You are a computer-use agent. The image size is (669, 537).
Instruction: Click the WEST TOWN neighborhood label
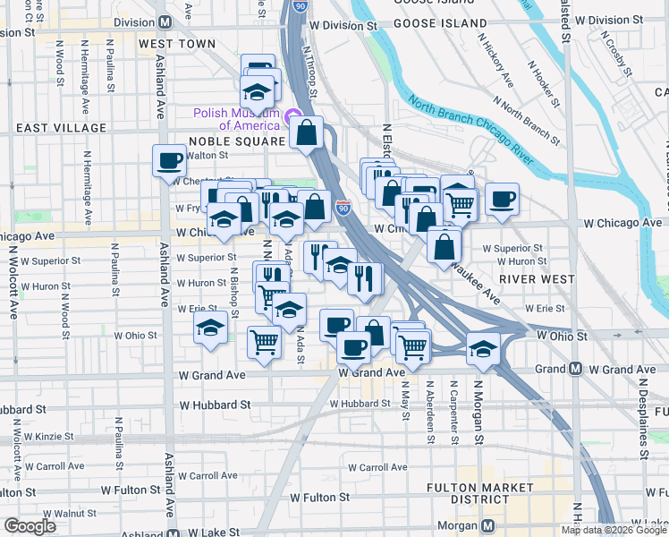[177, 43]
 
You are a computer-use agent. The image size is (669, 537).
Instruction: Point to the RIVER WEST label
[538, 278]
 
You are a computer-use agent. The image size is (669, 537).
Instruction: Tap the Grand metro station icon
[576, 369]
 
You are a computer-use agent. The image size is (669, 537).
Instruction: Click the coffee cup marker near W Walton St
[169, 161]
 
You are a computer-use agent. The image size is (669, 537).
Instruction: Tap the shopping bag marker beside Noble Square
[306, 132]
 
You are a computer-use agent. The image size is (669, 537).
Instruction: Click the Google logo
[30, 526]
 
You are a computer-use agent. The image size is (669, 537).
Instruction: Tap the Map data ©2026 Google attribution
[613, 530]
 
